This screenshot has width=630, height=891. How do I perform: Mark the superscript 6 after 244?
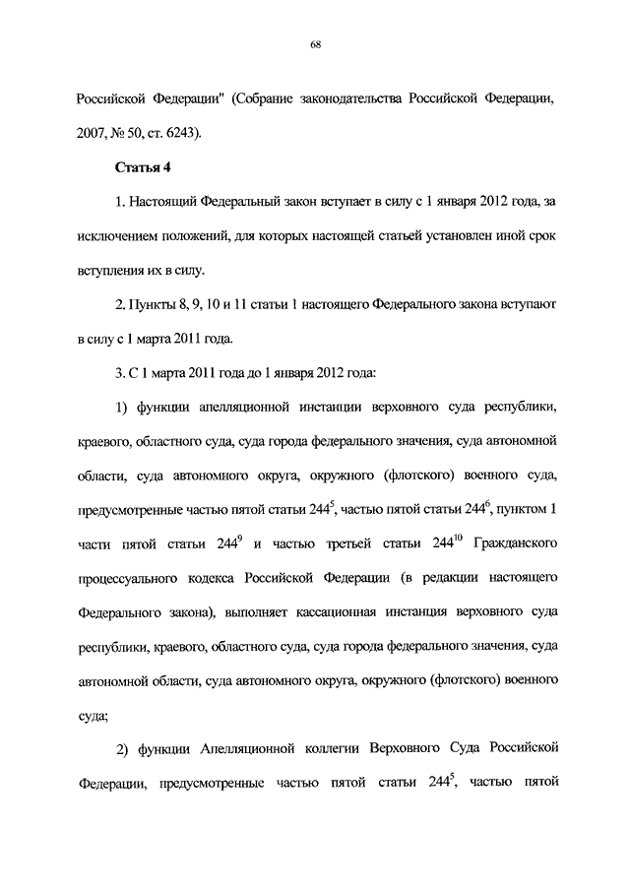pyautogui.click(x=486, y=503)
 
